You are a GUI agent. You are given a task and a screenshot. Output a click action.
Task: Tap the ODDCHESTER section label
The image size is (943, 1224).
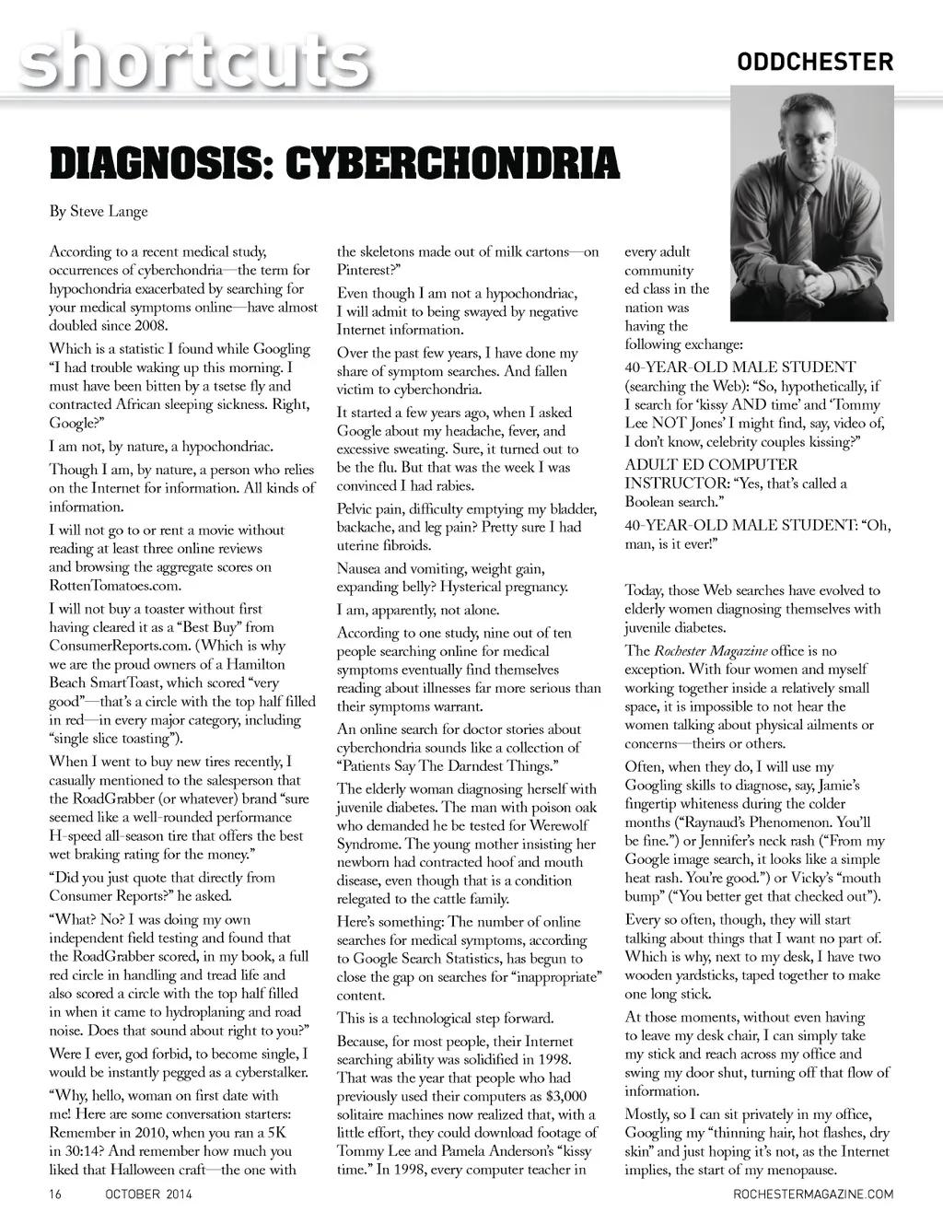click(815, 62)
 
